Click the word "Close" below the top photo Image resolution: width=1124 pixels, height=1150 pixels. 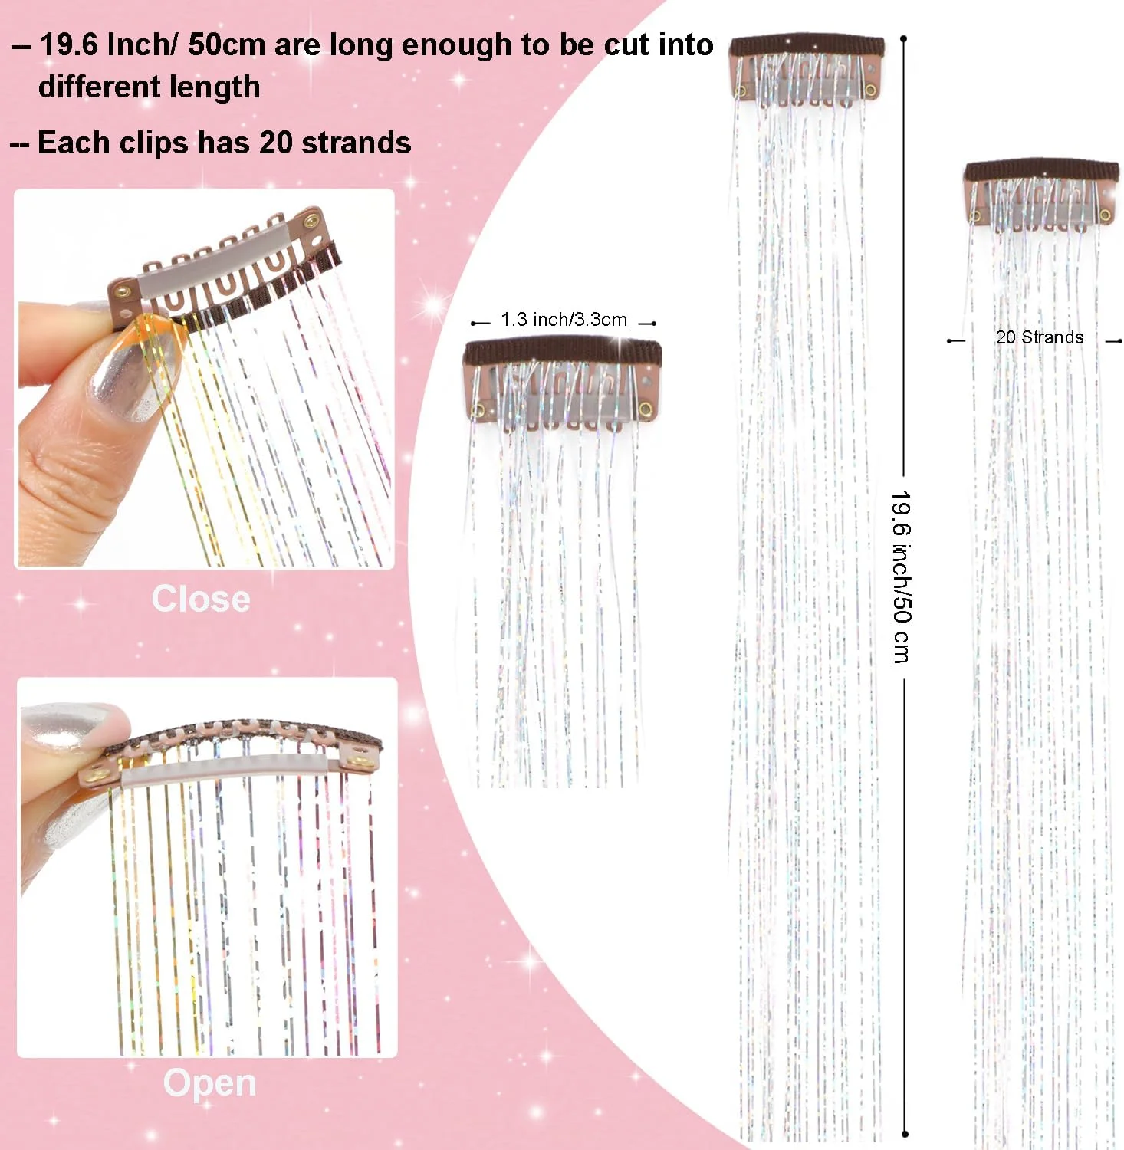pos(201,599)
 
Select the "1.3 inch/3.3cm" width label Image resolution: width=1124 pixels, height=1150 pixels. pos(564,320)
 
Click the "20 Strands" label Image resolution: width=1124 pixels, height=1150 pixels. pos(1040,337)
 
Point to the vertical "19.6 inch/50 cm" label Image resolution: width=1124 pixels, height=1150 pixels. pos(902,577)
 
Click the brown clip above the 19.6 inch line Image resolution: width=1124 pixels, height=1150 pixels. pos(807,69)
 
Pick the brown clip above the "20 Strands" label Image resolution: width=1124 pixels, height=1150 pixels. pos(1040,194)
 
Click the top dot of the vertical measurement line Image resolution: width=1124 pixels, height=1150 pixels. pos(904,38)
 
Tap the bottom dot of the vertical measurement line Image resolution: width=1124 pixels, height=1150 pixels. pos(905,1133)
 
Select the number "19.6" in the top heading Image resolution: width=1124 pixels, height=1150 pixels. pos(69,44)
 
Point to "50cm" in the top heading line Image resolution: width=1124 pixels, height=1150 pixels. pos(227,44)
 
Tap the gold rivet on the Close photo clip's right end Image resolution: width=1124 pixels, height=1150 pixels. pos(312,221)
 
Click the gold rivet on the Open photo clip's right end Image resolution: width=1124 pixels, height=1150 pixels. pos(358,761)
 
